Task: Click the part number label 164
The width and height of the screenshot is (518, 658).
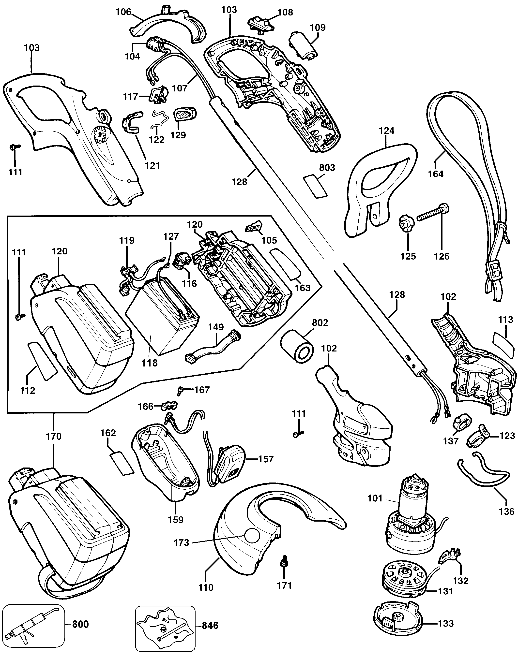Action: pos(436,174)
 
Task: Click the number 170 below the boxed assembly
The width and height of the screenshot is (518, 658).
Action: pos(53,437)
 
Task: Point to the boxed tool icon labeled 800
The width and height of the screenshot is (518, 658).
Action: pos(33,615)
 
